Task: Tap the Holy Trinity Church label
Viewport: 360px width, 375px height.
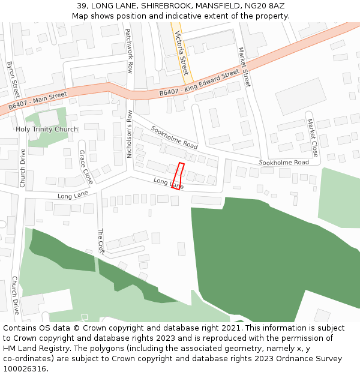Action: point(47,130)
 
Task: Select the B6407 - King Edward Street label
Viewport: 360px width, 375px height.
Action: point(199,85)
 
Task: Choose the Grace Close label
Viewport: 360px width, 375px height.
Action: point(86,167)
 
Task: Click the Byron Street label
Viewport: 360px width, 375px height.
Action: point(13,79)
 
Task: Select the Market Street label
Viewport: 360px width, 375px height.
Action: point(244,67)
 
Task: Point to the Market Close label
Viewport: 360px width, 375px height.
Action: point(312,137)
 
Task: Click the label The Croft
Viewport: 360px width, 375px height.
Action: point(101,242)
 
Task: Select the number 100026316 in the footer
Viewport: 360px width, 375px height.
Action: point(25,368)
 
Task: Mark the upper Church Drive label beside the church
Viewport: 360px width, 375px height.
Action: point(23,168)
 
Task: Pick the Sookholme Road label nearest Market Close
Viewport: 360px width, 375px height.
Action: point(284,163)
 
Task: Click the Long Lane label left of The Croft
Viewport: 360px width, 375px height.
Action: point(73,196)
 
